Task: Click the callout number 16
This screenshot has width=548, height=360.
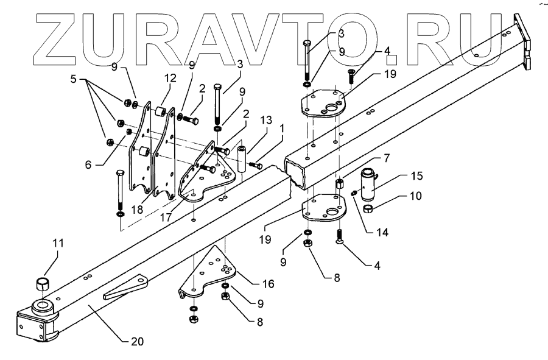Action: (268, 284)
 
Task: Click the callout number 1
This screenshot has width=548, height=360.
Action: (281, 129)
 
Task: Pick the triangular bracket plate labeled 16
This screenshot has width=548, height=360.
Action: (207, 268)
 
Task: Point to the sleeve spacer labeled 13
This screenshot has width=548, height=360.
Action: (242, 158)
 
